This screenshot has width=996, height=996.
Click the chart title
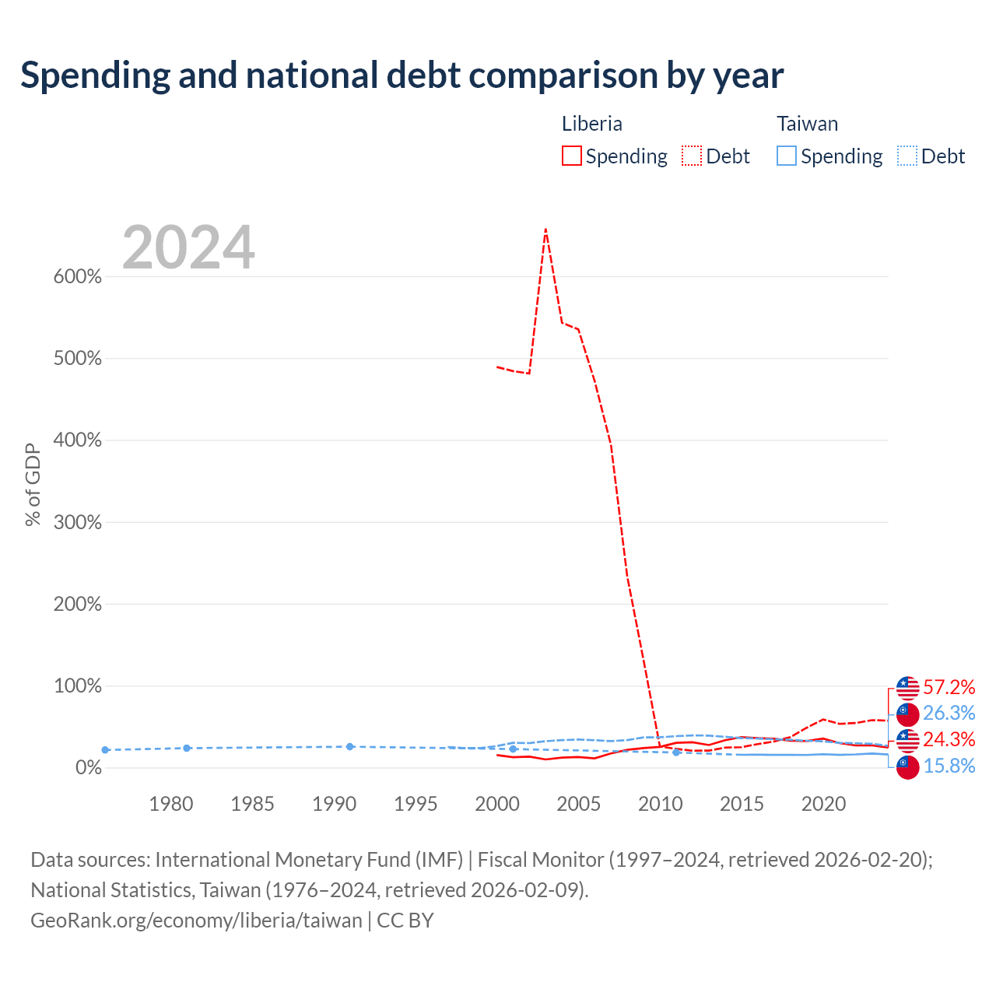[402, 75]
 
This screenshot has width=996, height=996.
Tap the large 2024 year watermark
[188, 247]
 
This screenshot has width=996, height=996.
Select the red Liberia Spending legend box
[571, 156]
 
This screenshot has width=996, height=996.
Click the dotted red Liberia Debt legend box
[691, 156]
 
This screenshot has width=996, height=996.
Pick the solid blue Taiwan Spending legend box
[786, 156]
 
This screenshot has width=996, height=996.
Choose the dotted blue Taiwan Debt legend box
[907, 156]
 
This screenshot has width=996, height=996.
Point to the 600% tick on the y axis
[78, 276]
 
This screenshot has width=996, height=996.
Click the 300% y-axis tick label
[78, 522]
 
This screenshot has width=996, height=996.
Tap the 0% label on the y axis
[89, 767]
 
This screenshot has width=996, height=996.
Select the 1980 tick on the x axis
[171, 804]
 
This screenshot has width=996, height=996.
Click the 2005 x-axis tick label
[578, 804]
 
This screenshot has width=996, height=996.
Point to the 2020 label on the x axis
[823, 804]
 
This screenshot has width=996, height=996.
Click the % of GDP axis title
[33, 484]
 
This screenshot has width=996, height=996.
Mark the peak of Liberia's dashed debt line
[545, 229]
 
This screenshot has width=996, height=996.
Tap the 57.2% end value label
[949, 687]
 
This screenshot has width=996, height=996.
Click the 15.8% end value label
[949, 766]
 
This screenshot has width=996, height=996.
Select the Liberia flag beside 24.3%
[907, 741]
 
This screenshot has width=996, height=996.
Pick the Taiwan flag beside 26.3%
[907, 714]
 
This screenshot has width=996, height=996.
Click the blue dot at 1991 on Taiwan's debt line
[350, 747]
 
